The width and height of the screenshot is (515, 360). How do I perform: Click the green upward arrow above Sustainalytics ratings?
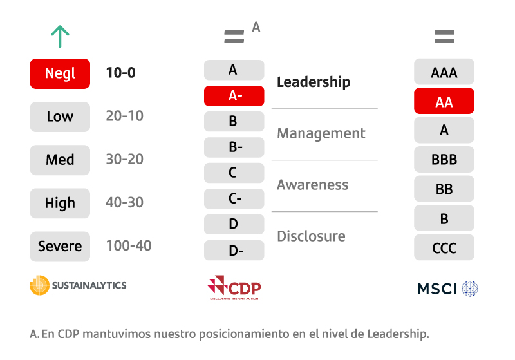point(60,37)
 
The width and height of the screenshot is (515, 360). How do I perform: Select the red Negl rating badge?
point(60,73)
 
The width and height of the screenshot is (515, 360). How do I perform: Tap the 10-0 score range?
point(120,73)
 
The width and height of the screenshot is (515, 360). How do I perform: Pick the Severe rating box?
point(60,247)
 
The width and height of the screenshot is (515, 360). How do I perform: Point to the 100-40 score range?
point(129,246)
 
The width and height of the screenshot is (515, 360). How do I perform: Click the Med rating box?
point(60,160)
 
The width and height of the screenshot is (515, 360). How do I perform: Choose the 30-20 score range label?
point(124,159)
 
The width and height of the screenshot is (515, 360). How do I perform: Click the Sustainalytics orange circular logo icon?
point(39,285)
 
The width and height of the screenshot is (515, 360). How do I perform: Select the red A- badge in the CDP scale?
point(234,96)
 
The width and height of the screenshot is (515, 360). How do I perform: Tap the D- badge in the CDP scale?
point(234,251)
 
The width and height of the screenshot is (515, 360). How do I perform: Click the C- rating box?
point(234,199)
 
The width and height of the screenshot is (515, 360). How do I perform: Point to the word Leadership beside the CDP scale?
point(314,82)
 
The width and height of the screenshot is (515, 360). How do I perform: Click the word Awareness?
point(313,185)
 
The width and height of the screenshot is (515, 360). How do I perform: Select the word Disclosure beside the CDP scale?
point(312,236)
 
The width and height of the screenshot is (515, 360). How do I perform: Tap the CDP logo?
point(234,288)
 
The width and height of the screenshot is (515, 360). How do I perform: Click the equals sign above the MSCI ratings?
point(444,37)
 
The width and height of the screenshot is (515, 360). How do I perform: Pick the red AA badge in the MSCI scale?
point(444,101)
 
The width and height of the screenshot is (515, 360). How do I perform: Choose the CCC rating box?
point(444,247)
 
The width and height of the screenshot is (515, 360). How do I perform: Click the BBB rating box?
point(444,159)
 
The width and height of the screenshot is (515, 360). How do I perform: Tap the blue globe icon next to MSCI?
point(470,289)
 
